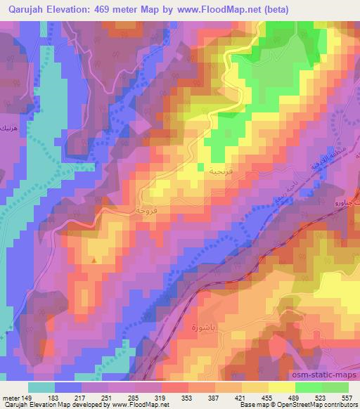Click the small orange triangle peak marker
tap(94, 261)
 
